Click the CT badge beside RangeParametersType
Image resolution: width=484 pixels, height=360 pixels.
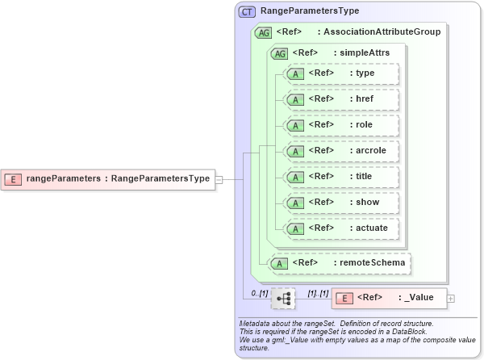pos(247,11)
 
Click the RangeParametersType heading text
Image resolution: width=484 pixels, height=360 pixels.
pos(310,11)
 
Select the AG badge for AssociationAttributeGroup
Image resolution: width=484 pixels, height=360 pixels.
pos(263,32)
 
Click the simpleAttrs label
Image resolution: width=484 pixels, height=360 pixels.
pos(365,53)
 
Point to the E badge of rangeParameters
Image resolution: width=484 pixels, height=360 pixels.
pos(14,178)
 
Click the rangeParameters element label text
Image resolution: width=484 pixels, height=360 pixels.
pos(118,178)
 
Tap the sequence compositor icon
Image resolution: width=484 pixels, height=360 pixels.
pos(283,299)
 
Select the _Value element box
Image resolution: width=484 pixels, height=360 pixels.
pos(387,298)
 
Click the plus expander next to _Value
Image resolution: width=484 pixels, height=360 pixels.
pos(450,299)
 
